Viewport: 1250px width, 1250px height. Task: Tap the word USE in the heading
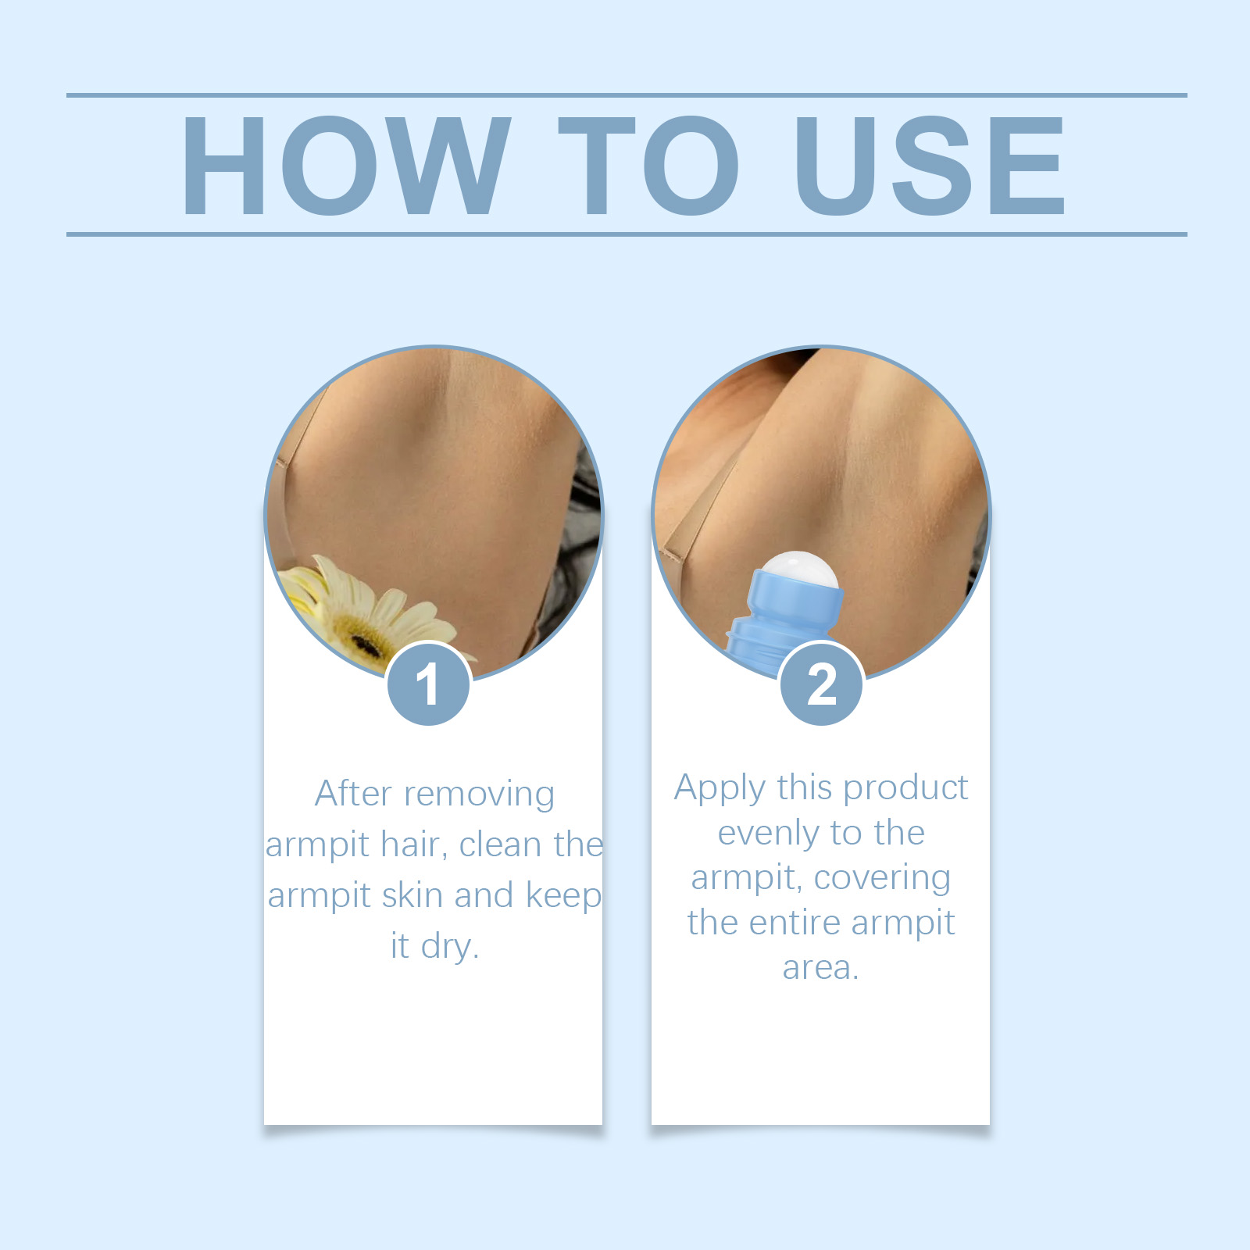tap(929, 166)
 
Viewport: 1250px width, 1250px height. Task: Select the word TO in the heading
tap(648, 166)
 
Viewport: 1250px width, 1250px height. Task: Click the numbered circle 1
tap(428, 684)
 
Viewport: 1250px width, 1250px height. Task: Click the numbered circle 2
tap(821, 684)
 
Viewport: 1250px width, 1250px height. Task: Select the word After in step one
tap(353, 794)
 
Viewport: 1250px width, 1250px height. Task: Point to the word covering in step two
tap(882, 879)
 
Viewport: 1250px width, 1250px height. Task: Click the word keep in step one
tap(563, 896)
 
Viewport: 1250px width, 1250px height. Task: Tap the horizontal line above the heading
tap(625, 95)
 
